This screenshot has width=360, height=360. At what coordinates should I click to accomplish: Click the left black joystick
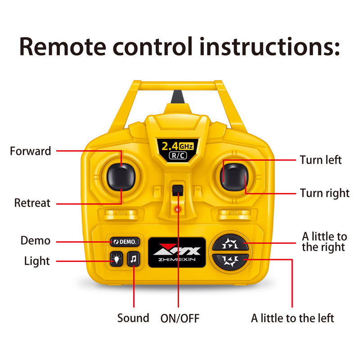[x=121, y=177]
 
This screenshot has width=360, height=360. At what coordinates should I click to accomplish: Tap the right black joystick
[x=234, y=177]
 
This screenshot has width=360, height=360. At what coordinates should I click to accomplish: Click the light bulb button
[x=117, y=259]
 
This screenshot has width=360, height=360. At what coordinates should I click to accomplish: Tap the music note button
[x=133, y=259]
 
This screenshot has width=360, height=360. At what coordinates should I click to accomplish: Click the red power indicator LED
[x=178, y=209]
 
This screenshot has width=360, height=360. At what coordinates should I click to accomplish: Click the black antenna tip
[x=177, y=97]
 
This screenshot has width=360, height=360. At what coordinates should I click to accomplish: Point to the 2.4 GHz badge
[x=177, y=150]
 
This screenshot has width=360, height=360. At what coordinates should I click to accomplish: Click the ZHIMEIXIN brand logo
[x=177, y=252]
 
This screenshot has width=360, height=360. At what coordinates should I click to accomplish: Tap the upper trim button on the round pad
[x=230, y=243]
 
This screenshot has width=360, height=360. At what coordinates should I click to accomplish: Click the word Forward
[x=31, y=151]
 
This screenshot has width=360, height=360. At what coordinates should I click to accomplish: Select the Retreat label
[x=32, y=203]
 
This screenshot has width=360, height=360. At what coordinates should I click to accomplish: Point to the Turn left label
[x=321, y=160]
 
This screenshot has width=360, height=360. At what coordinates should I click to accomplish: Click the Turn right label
[x=324, y=193]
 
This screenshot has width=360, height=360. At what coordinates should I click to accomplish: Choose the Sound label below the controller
[x=133, y=318]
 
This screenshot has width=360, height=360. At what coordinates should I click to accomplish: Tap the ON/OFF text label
[x=180, y=319]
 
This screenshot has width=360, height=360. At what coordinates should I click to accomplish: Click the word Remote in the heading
[x=63, y=47]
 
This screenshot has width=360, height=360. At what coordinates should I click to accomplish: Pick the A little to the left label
[x=292, y=318]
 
